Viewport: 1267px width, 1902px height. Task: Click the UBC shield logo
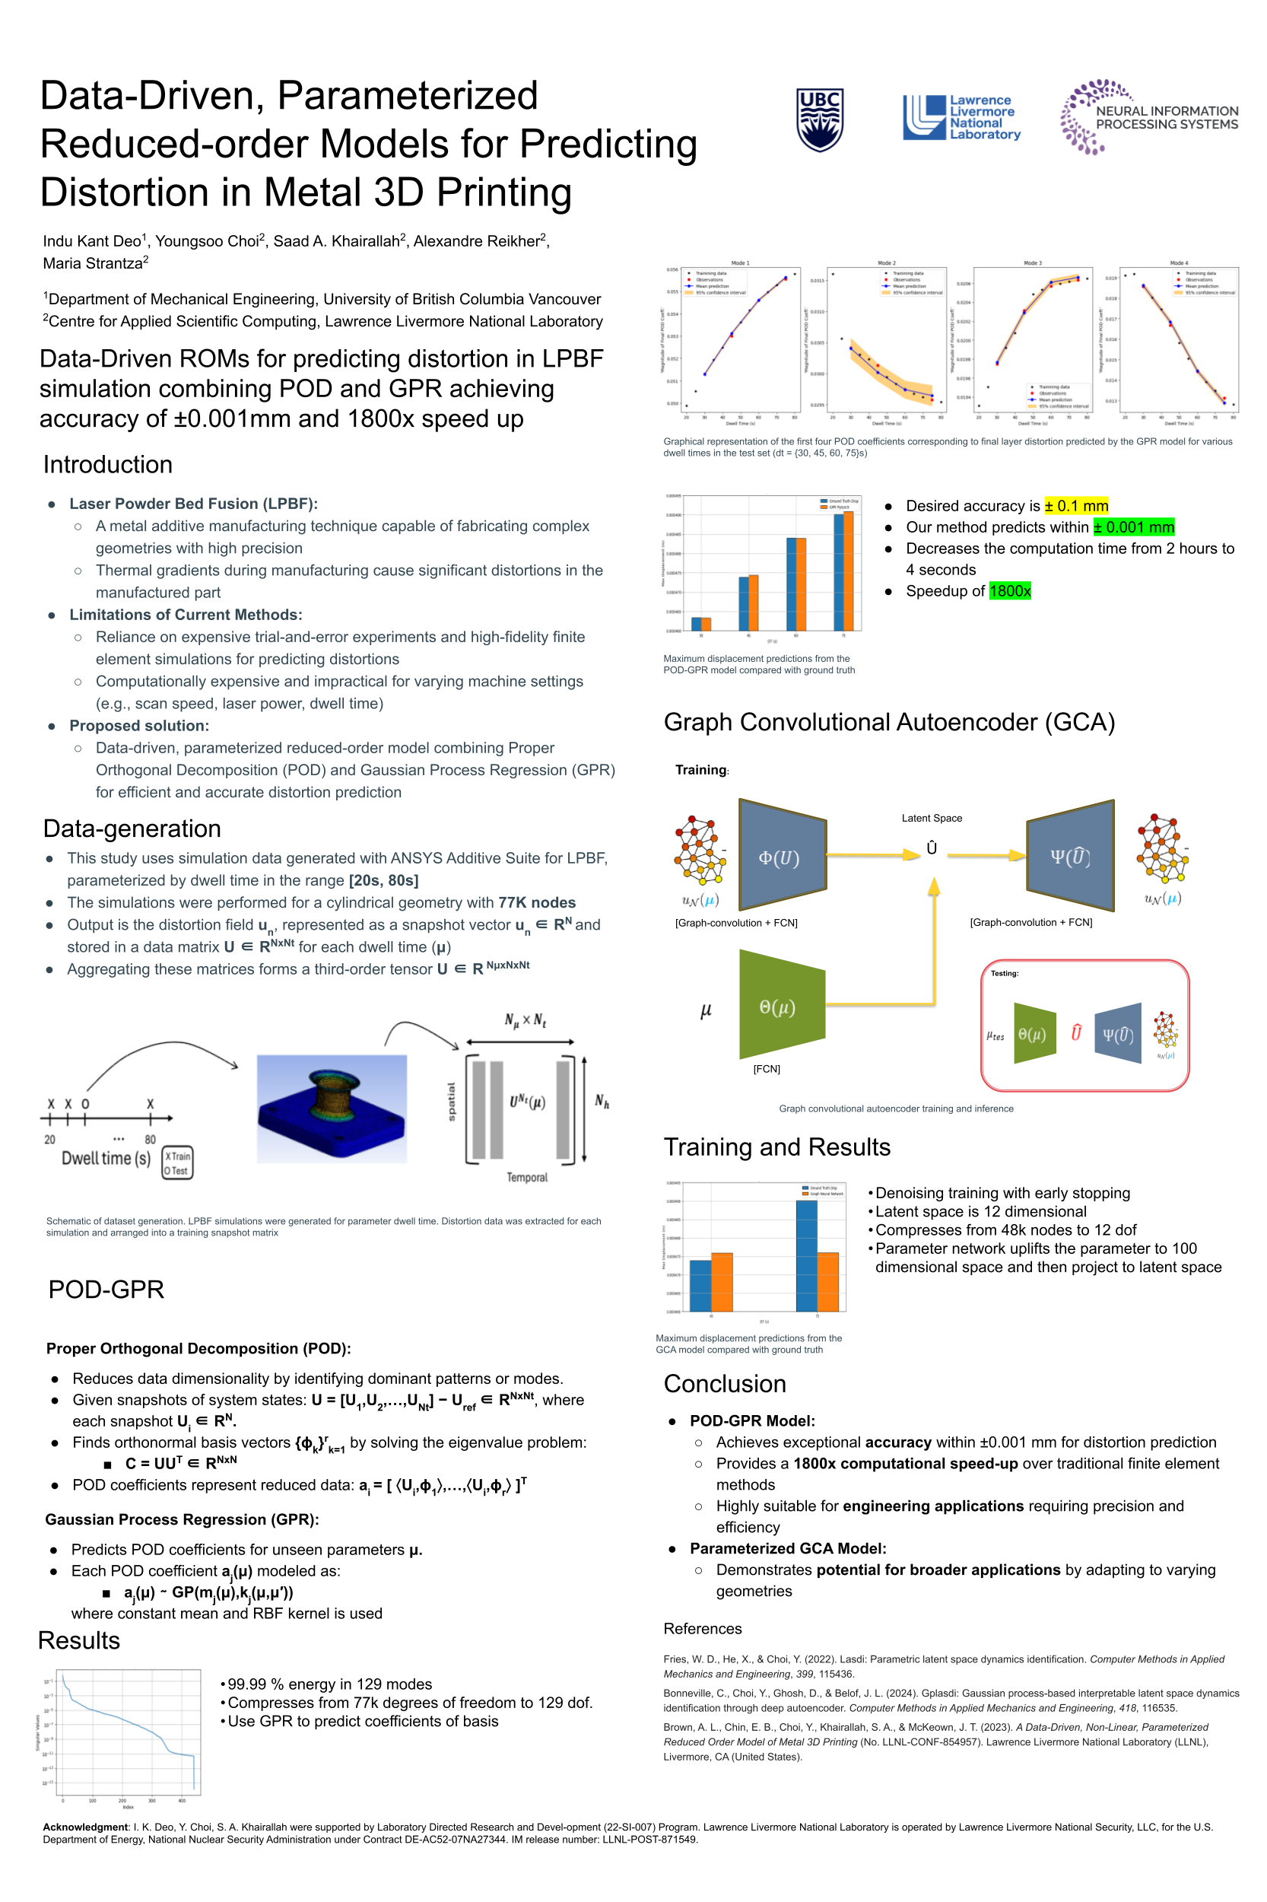click(x=819, y=119)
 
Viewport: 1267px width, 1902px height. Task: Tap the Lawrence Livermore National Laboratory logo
click(x=961, y=118)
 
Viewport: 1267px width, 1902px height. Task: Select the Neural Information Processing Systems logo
click(x=1148, y=117)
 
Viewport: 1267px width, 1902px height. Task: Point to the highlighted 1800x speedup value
click(x=1009, y=591)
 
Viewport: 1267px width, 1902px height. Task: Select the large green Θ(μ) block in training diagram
click(x=780, y=1007)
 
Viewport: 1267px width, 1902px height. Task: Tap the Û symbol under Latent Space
click(x=932, y=847)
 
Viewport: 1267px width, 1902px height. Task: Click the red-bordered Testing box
click(x=1084, y=1025)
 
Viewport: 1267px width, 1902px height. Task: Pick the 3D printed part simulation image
click(x=332, y=1108)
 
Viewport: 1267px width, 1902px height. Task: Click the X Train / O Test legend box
click(x=177, y=1163)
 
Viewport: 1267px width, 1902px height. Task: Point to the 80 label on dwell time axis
click(x=151, y=1139)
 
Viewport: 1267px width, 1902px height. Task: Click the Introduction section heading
click(x=107, y=465)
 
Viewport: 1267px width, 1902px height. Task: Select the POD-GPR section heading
click(x=106, y=1290)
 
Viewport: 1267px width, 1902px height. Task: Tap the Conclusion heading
click(x=724, y=1384)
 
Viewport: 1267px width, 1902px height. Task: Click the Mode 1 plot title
click(x=739, y=262)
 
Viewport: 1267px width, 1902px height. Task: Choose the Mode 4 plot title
click(x=1178, y=262)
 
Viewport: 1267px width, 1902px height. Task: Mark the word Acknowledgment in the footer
click(x=86, y=1827)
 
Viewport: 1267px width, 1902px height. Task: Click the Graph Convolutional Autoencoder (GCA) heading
click(x=889, y=722)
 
